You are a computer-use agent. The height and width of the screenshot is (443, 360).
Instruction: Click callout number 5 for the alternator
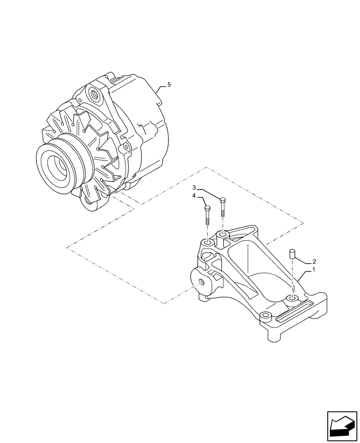tap(168, 84)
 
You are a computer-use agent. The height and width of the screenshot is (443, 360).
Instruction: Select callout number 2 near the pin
tap(314, 261)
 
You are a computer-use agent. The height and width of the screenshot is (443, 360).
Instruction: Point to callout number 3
tap(194, 188)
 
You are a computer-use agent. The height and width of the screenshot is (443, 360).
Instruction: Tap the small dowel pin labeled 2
tap(292, 254)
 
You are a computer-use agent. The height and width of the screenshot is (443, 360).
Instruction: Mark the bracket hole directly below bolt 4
tap(207, 243)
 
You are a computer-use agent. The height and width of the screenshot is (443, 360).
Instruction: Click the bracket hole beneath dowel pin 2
tap(292, 299)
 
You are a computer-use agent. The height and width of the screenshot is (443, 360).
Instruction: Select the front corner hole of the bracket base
tap(266, 317)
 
